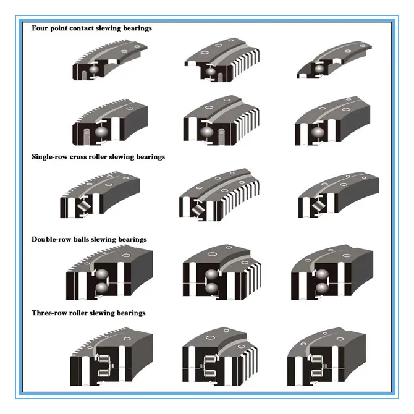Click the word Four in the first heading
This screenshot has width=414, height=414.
41,28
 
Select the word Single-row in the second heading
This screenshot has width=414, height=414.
50,157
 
